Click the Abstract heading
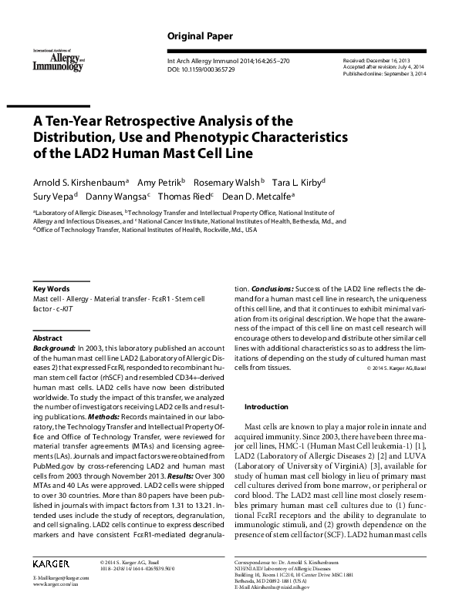[47, 338]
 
